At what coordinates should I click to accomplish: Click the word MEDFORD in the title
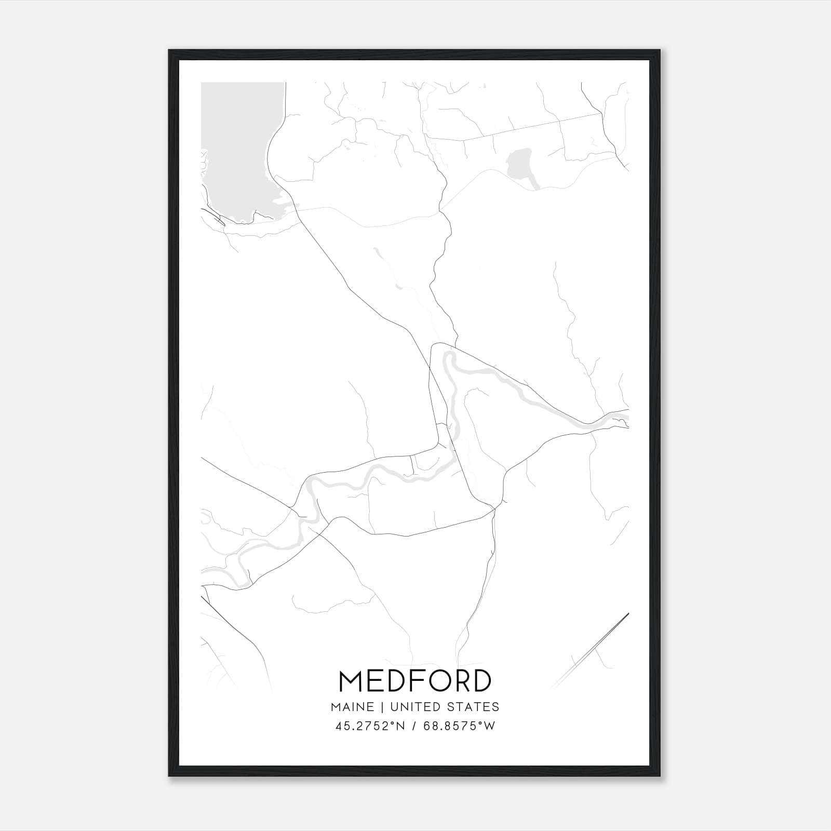click(415, 681)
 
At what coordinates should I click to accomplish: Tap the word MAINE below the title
click(352, 706)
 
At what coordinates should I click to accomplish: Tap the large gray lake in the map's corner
click(239, 151)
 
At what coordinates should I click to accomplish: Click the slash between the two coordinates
click(413, 726)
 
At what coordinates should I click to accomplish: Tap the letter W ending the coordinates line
click(490, 726)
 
